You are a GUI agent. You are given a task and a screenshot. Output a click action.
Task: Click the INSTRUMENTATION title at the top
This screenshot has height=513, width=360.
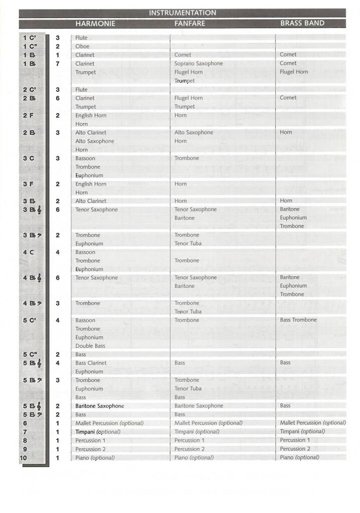(183, 13)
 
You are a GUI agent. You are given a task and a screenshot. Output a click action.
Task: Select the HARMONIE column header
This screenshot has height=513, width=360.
(95, 24)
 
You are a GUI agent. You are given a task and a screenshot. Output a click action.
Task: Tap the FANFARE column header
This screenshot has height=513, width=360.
(190, 24)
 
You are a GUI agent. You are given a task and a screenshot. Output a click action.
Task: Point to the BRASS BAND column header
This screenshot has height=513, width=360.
(302, 23)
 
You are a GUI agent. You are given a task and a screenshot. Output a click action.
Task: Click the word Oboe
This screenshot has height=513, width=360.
(82, 47)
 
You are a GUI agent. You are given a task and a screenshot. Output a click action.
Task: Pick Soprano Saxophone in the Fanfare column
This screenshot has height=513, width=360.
(199, 64)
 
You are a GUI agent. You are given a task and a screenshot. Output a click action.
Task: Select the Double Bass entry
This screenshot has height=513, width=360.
(90, 346)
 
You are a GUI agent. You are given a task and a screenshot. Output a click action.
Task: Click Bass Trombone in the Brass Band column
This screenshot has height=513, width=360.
(298, 320)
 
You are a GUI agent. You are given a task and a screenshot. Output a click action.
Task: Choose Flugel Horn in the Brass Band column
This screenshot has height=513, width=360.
(294, 72)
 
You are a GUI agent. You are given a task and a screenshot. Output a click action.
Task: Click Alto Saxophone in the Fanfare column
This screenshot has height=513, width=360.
(194, 133)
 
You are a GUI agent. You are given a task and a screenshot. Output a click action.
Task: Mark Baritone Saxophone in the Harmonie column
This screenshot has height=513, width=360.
(100, 406)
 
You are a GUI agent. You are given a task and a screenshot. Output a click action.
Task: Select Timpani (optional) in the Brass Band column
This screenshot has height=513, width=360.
(302, 431)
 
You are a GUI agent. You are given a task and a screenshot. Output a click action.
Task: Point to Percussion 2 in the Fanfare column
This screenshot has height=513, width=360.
(190, 449)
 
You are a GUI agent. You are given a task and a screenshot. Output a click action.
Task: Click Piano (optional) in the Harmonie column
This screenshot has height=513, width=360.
(95, 458)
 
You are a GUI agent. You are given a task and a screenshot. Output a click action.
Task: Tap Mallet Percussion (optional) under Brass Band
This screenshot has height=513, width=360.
(313, 423)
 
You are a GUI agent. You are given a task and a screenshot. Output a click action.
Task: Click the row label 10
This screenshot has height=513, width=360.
(24, 458)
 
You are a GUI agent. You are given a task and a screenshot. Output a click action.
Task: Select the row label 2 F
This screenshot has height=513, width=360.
(29, 116)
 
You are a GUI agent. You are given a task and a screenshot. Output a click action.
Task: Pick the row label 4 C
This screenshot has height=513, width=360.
(29, 252)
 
